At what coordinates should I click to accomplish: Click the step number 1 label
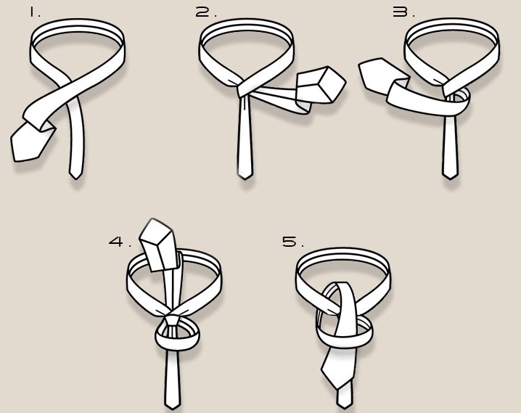click(34, 12)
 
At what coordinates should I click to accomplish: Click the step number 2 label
click(205, 12)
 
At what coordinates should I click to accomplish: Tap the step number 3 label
click(403, 12)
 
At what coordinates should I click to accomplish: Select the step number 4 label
click(120, 242)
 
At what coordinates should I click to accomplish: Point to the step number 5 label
click(293, 242)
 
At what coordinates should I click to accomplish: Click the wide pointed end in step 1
click(30, 142)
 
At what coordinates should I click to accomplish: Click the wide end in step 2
click(320, 85)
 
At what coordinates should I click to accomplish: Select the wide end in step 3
click(382, 75)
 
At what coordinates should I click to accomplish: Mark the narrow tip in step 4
click(173, 405)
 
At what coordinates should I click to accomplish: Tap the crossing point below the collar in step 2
click(243, 88)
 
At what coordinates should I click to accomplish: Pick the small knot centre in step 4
click(172, 320)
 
